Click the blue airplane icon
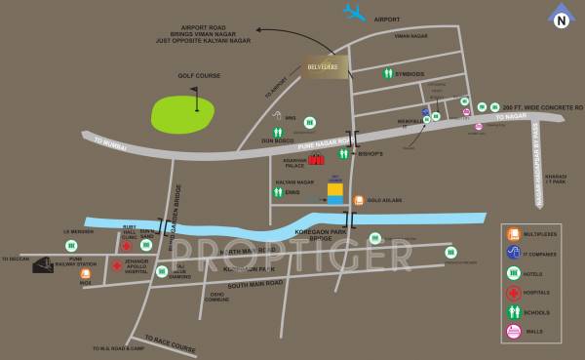[353, 13]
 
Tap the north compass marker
[561, 17]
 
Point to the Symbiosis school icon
[389, 73]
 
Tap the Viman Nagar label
[411, 35]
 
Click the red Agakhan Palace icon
[316, 159]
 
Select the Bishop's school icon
[343, 154]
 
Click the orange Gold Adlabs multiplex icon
[359, 200]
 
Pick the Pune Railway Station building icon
[44, 263]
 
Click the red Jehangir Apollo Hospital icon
[116, 265]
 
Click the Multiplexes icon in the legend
[512, 234]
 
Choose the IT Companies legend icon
[512, 254]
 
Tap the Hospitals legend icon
[512, 293]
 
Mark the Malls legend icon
[512, 332]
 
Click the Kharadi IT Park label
[555, 180]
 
